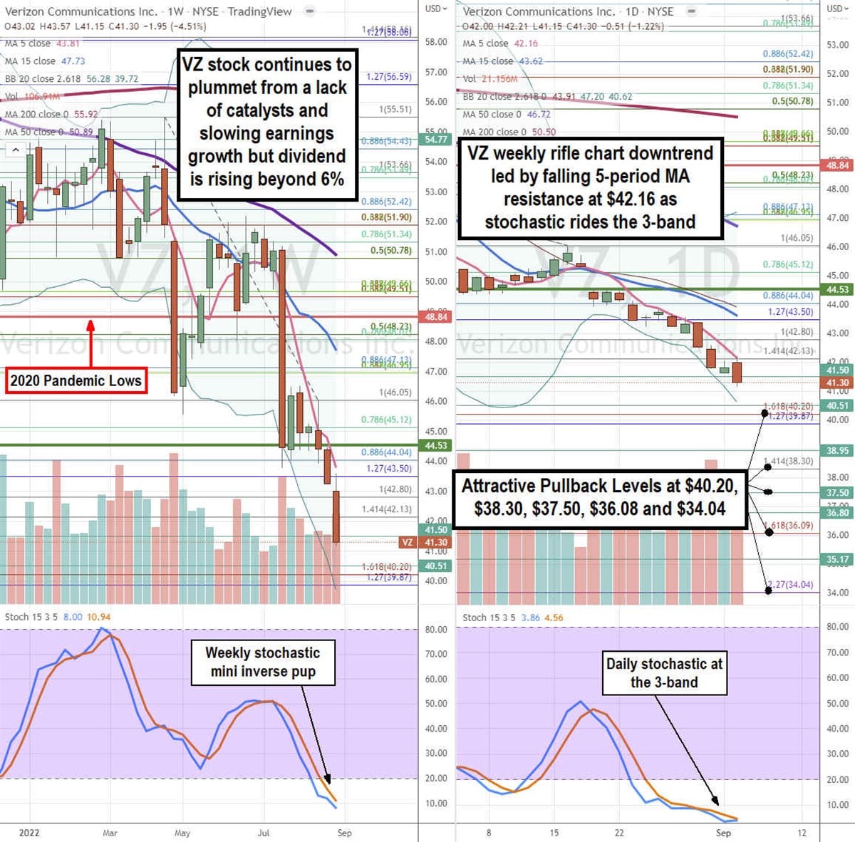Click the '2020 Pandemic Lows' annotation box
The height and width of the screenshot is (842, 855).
[76, 380]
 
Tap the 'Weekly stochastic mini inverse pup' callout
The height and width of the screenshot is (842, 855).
[263, 662]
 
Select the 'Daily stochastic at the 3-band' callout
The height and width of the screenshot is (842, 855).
[664, 672]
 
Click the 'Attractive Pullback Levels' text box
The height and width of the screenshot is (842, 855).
[600, 497]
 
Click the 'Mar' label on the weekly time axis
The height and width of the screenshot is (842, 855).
[110, 832]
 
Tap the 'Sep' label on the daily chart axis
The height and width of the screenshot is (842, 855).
[723, 832]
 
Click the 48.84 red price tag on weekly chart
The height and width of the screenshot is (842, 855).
[436, 316]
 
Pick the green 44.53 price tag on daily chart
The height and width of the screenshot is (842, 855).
[837, 289]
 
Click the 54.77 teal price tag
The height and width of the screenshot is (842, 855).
[436, 140]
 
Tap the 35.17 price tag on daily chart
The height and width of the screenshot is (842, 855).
[837, 559]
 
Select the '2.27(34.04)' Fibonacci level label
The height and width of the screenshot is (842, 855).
[789, 585]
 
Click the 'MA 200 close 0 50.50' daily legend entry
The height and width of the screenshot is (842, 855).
[509, 132]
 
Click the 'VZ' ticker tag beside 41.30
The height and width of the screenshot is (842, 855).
[407, 542]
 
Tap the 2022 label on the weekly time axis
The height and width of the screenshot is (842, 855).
[29, 832]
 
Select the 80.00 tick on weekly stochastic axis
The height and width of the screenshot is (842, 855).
[436, 630]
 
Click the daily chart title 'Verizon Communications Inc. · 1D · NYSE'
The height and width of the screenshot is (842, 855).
[568, 11]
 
